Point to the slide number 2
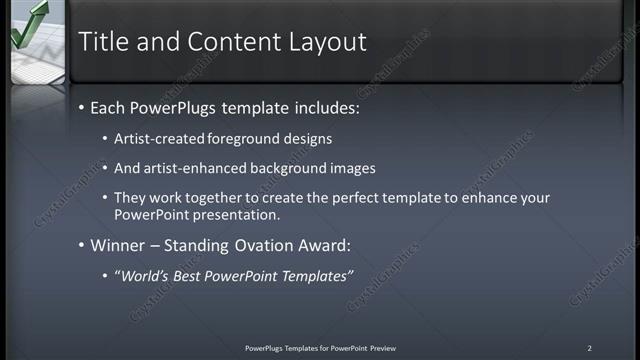click(x=589, y=348)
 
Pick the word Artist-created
click(x=155, y=139)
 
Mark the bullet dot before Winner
click(x=81, y=245)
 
